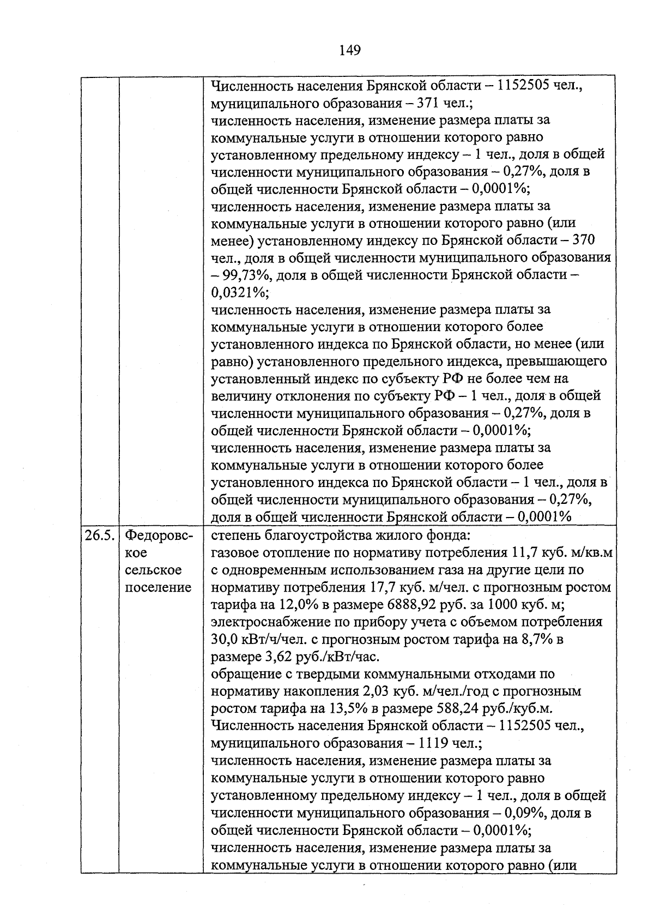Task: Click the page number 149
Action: tap(349, 51)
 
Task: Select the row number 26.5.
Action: tap(99, 536)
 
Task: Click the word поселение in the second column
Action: tap(159, 587)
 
